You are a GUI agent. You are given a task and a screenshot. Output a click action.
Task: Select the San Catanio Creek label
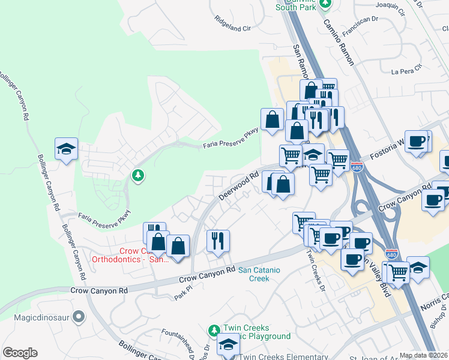click(x=259, y=274)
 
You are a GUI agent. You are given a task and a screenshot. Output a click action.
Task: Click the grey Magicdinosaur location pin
click(x=79, y=316)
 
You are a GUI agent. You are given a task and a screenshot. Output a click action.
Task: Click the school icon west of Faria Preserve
click(x=66, y=148)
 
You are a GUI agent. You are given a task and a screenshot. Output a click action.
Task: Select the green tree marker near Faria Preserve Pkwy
click(x=138, y=175)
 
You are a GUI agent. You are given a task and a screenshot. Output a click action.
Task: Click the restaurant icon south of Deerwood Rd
click(x=218, y=241)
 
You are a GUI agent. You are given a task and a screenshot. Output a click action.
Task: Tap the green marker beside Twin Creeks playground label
click(x=214, y=331)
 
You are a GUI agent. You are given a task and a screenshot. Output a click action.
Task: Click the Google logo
click(x=20, y=353)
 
